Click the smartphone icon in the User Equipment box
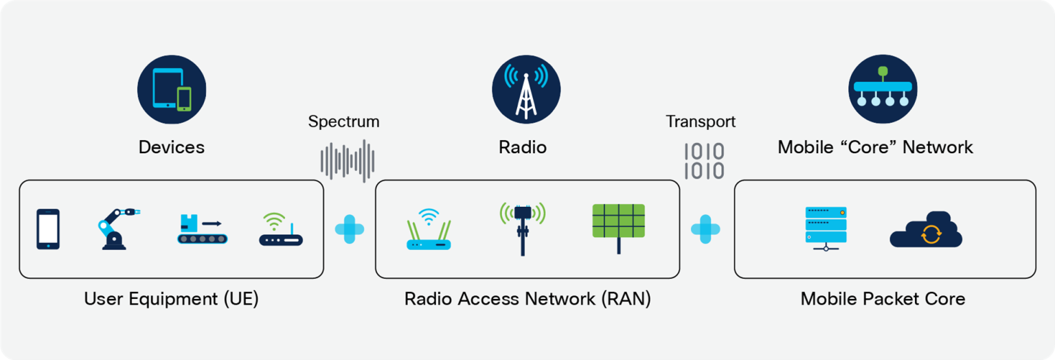point(48,229)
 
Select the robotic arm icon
point(117,228)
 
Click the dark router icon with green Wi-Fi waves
point(281,230)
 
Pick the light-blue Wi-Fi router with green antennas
point(429,229)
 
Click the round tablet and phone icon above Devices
point(172,89)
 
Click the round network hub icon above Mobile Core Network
point(883,89)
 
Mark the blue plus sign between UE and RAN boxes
point(350,229)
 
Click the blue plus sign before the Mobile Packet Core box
point(705,229)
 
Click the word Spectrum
point(343,122)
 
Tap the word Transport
point(701,122)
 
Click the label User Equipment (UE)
point(171,300)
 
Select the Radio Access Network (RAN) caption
point(527,300)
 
